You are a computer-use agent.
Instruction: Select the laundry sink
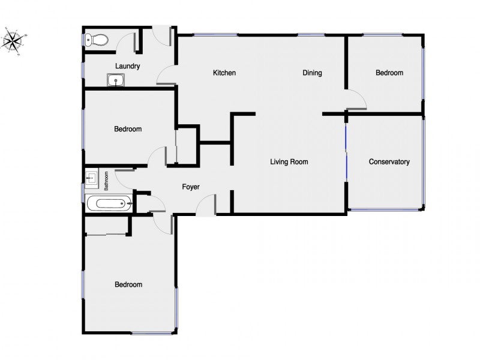(x=116, y=80)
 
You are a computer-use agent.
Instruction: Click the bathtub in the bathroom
(x=109, y=203)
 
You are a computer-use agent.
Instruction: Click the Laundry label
(x=127, y=66)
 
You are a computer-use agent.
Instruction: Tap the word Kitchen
(x=224, y=73)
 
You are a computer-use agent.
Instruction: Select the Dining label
(x=312, y=73)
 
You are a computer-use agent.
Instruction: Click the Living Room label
(x=289, y=161)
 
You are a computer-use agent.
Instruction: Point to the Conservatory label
(x=389, y=161)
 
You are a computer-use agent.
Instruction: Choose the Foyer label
(x=191, y=187)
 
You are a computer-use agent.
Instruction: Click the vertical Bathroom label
(x=106, y=181)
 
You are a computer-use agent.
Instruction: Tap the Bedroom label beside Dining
(x=389, y=73)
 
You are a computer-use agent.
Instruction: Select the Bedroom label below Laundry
(x=128, y=129)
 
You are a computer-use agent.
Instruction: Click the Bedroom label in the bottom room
(x=128, y=284)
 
